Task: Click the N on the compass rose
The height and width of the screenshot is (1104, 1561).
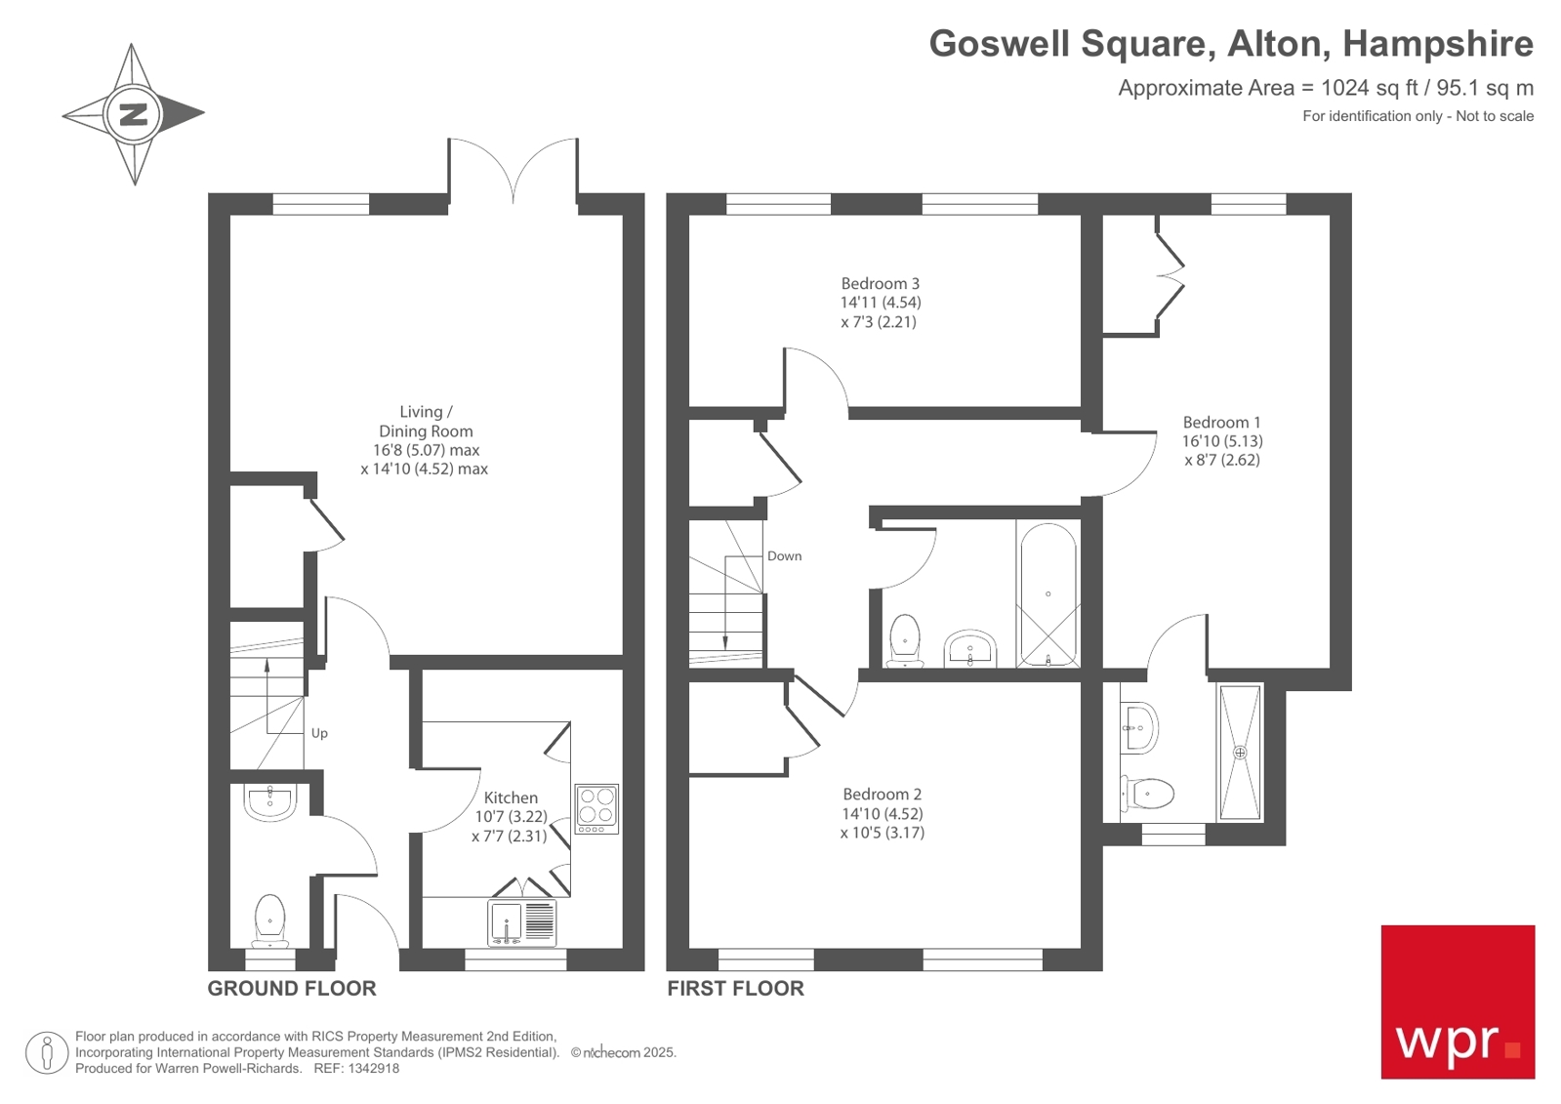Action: pyautogui.click(x=133, y=114)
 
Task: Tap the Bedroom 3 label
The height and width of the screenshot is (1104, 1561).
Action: pyautogui.click(x=880, y=284)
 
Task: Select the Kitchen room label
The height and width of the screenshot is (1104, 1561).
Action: pyautogui.click(x=511, y=797)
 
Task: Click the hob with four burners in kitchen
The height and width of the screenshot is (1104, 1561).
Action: pyautogui.click(x=596, y=808)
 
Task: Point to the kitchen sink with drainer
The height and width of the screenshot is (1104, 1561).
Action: pyautogui.click(x=522, y=921)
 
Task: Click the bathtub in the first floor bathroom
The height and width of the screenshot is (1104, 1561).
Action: pyautogui.click(x=1048, y=593)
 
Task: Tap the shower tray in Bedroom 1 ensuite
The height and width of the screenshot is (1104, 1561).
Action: pyautogui.click(x=1240, y=752)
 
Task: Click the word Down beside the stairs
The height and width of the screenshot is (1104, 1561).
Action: pyautogui.click(x=784, y=556)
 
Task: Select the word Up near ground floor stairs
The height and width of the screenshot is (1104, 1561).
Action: pyautogui.click(x=319, y=733)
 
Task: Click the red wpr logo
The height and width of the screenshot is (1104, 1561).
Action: pyautogui.click(x=1457, y=1002)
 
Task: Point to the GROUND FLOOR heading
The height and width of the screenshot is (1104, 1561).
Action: pyautogui.click(x=292, y=988)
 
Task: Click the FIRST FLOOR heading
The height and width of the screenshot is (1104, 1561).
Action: pyautogui.click(x=735, y=988)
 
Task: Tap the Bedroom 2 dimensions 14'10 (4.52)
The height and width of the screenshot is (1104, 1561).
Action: pyautogui.click(x=882, y=813)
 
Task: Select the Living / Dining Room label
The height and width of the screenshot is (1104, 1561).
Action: pyautogui.click(x=426, y=422)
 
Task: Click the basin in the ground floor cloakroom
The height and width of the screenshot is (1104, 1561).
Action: pyautogui.click(x=269, y=802)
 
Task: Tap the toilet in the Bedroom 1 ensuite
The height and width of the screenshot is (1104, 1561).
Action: pyautogui.click(x=1149, y=793)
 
